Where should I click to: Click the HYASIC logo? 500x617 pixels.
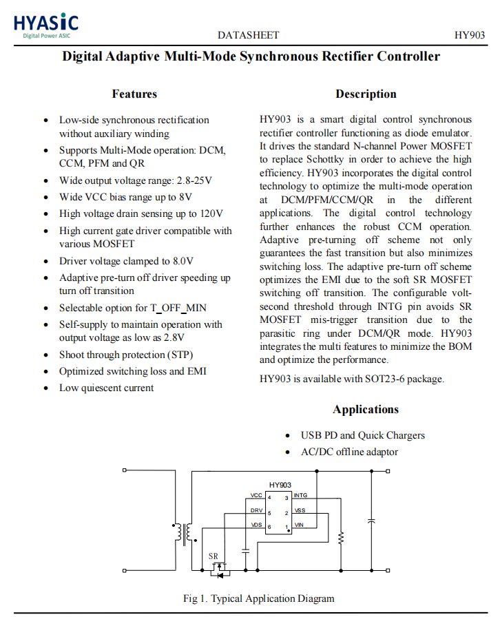pos(46,25)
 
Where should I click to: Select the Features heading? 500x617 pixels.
pos(134,94)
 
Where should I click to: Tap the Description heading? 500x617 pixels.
pos(366,94)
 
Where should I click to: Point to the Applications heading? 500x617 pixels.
pos(366,410)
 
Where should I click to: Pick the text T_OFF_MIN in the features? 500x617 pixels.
pos(178,308)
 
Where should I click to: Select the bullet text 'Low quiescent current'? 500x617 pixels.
pos(106,388)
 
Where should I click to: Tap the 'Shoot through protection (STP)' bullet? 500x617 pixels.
pos(126,355)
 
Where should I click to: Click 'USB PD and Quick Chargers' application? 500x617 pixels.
pos(362,435)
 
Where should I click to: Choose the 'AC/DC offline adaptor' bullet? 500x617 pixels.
pos(349,452)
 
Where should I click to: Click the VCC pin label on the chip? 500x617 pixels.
pos(256,496)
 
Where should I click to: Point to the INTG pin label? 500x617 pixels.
pos(300,496)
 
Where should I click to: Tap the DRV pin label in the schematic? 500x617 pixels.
pos(256,511)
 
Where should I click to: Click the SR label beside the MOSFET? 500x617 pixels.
pos(213,556)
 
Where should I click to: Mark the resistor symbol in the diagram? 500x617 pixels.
pos(340,537)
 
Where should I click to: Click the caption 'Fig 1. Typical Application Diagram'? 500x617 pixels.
pos(258,598)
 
